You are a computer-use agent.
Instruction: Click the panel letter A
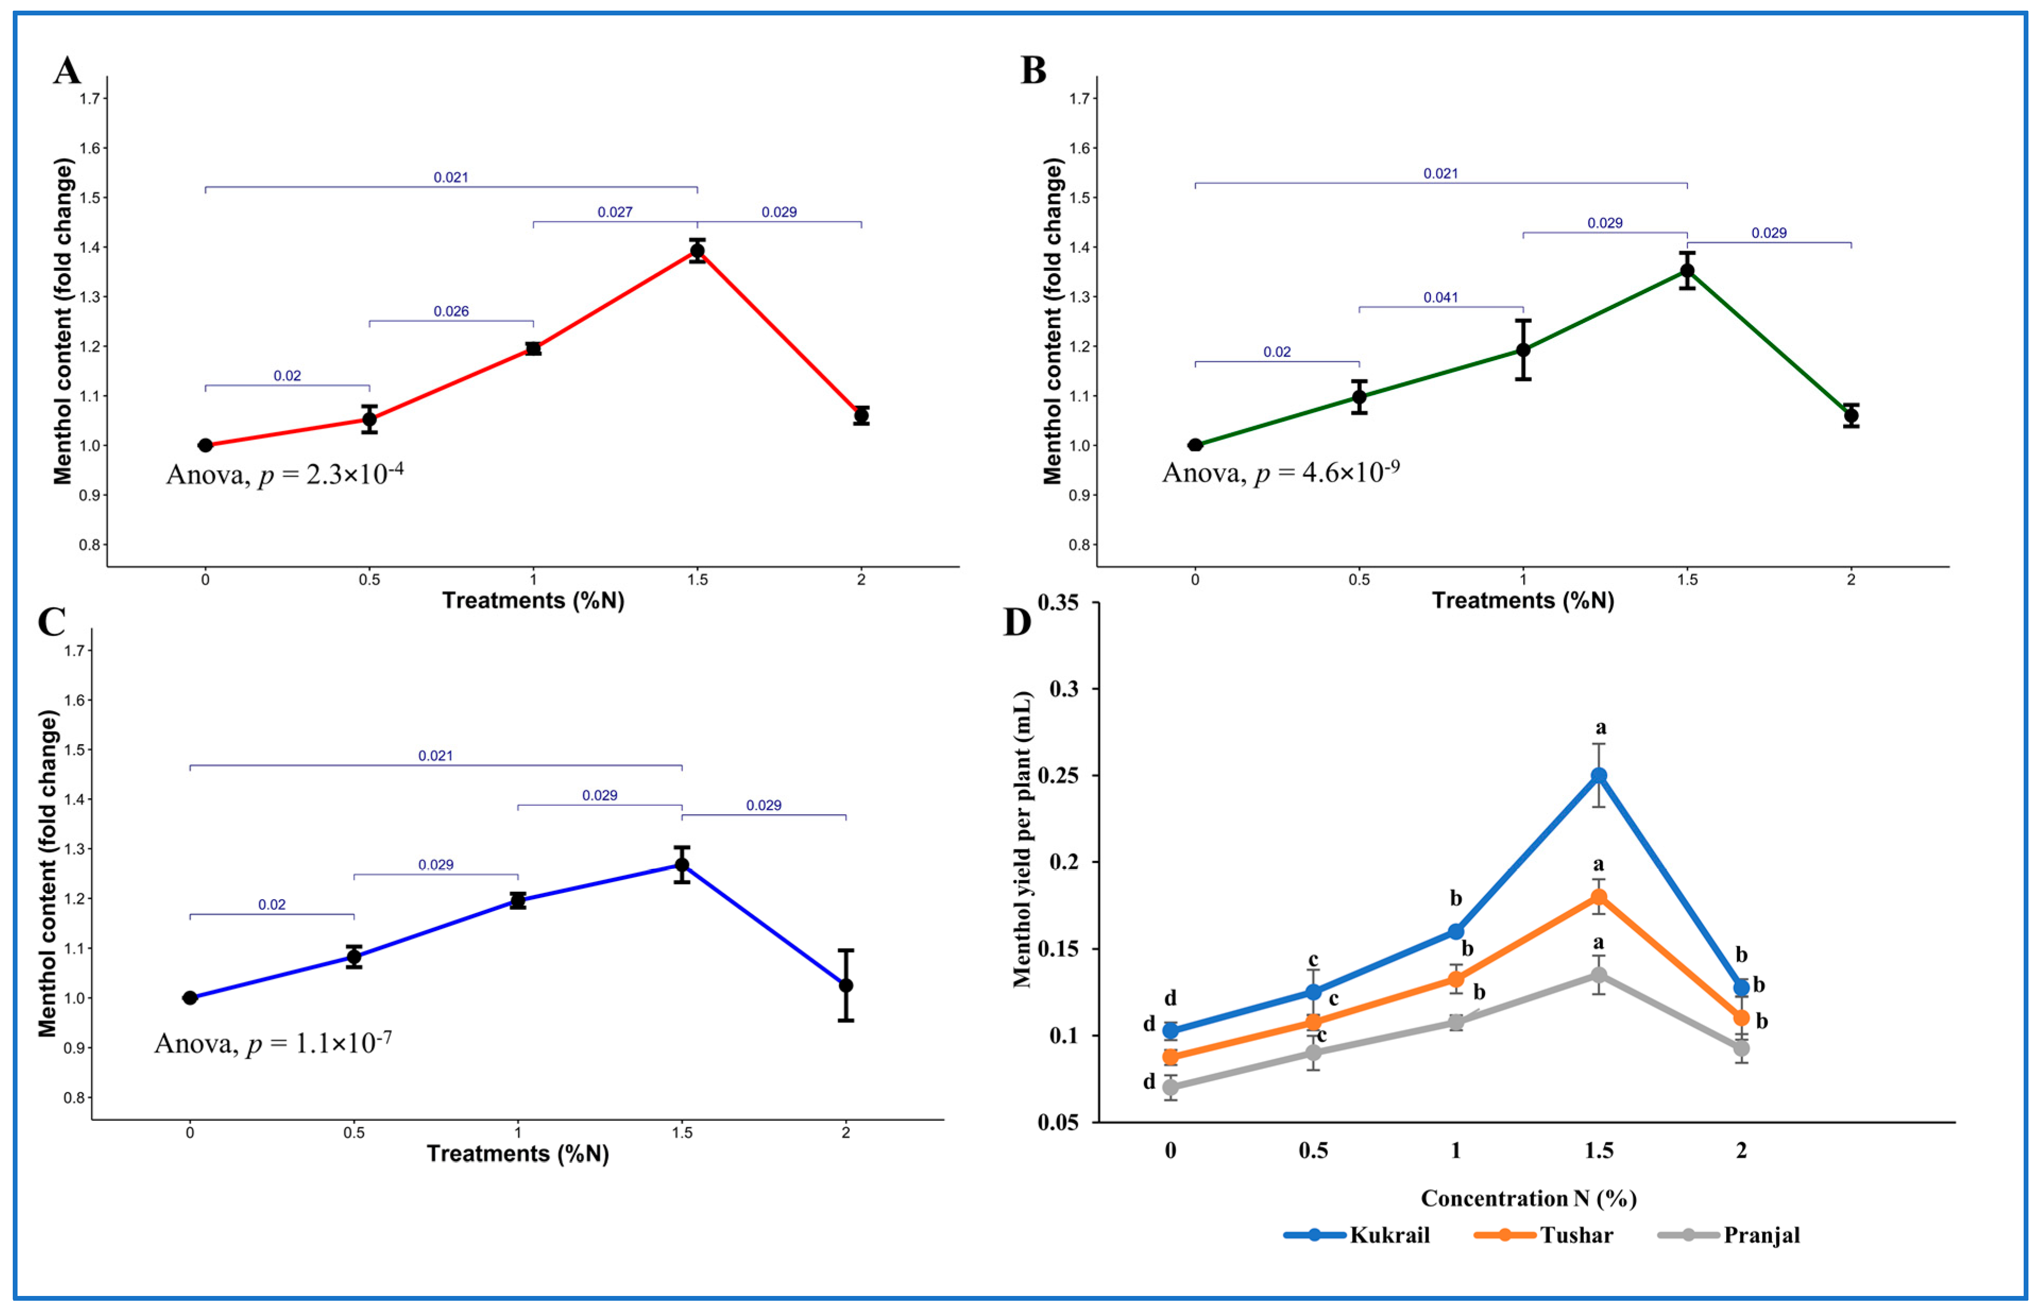tap(67, 71)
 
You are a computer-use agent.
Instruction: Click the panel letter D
tap(1017, 623)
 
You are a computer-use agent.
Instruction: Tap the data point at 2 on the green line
tap(1851, 415)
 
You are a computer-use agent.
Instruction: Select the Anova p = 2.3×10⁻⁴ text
tap(284, 474)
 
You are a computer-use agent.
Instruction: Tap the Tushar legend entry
tap(1544, 1235)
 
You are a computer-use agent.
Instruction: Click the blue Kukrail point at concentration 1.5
tap(1599, 775)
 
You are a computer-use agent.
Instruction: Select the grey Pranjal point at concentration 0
tap(1171, 1087)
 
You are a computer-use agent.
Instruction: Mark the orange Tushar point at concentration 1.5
tap(1599, 897)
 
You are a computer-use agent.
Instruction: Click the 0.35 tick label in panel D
tap(1058, 602)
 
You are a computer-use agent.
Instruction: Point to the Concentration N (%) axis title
tap(1528, 1199)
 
